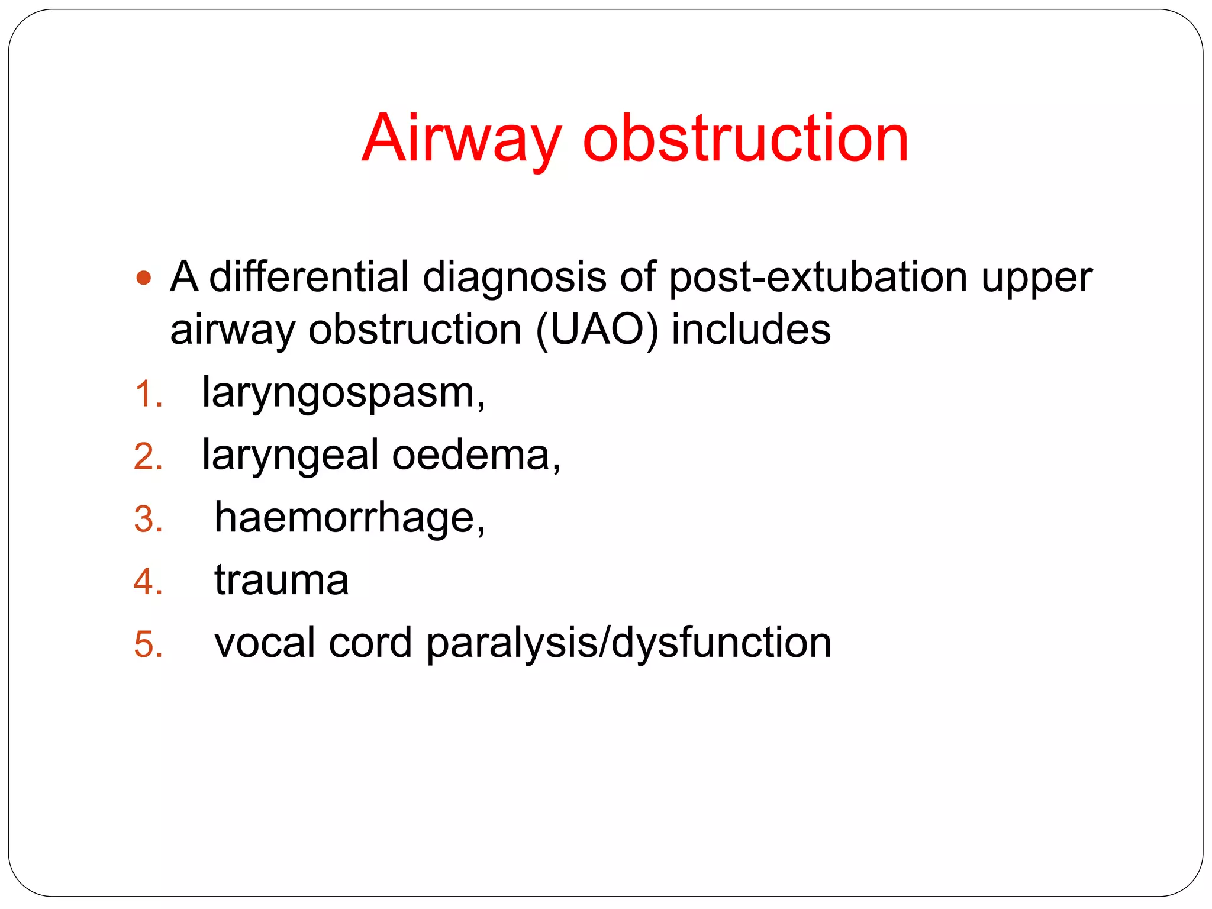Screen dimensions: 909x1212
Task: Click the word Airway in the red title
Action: pos(461,139)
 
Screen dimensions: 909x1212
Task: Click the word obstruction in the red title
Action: pos(746,139)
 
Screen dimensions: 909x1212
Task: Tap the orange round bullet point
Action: pos(144,278)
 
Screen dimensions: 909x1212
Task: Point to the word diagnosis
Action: pos(514,277)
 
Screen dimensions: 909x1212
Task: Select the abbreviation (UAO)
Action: pos(597,330)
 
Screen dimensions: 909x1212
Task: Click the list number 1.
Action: pos(147,394)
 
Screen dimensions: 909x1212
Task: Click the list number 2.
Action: pos(147,457)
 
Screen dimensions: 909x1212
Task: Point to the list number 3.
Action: pos(147,520)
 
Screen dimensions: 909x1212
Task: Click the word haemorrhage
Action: pos(349,518)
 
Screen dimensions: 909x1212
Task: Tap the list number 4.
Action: pos(147,582)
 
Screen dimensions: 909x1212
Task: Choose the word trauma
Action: pos(281,581)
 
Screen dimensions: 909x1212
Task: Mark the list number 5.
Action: pos(147,644)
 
